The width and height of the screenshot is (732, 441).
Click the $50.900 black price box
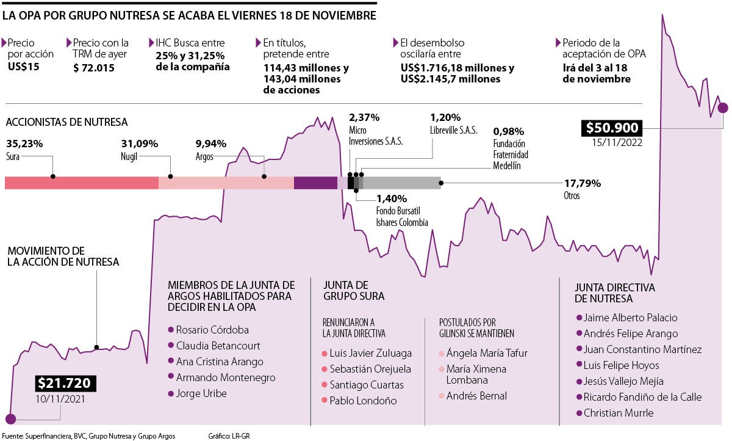coord(612,128)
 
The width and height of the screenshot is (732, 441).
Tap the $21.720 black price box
coord(64,384)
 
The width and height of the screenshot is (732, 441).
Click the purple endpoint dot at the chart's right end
coord(723,108)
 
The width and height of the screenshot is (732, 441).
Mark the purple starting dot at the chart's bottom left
coord(10,418)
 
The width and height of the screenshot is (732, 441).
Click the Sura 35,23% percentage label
coord(24,144)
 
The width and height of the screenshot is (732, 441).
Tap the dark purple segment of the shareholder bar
coord(315,182)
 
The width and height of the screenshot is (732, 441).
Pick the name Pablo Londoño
coord(363,401)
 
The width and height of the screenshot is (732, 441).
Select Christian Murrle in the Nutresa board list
coord(619,413)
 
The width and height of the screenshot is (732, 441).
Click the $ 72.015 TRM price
coord(93,67)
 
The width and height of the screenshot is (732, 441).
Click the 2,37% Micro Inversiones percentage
coord(364,117)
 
